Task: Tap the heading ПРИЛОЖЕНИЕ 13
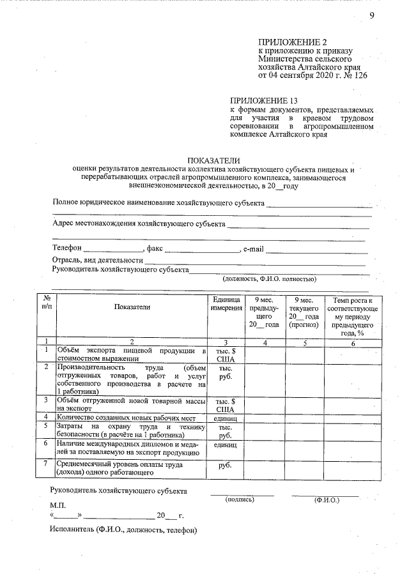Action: [264, 100]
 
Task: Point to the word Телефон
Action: [66, 248]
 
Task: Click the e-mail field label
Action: [254, 248]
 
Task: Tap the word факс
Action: [155, 248]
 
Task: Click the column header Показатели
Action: [132, 307]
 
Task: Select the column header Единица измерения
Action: [225, 303]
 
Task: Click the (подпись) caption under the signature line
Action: [240, 499]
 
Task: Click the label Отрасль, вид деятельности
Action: [96, 260]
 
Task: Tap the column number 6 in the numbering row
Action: [352, 342]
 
